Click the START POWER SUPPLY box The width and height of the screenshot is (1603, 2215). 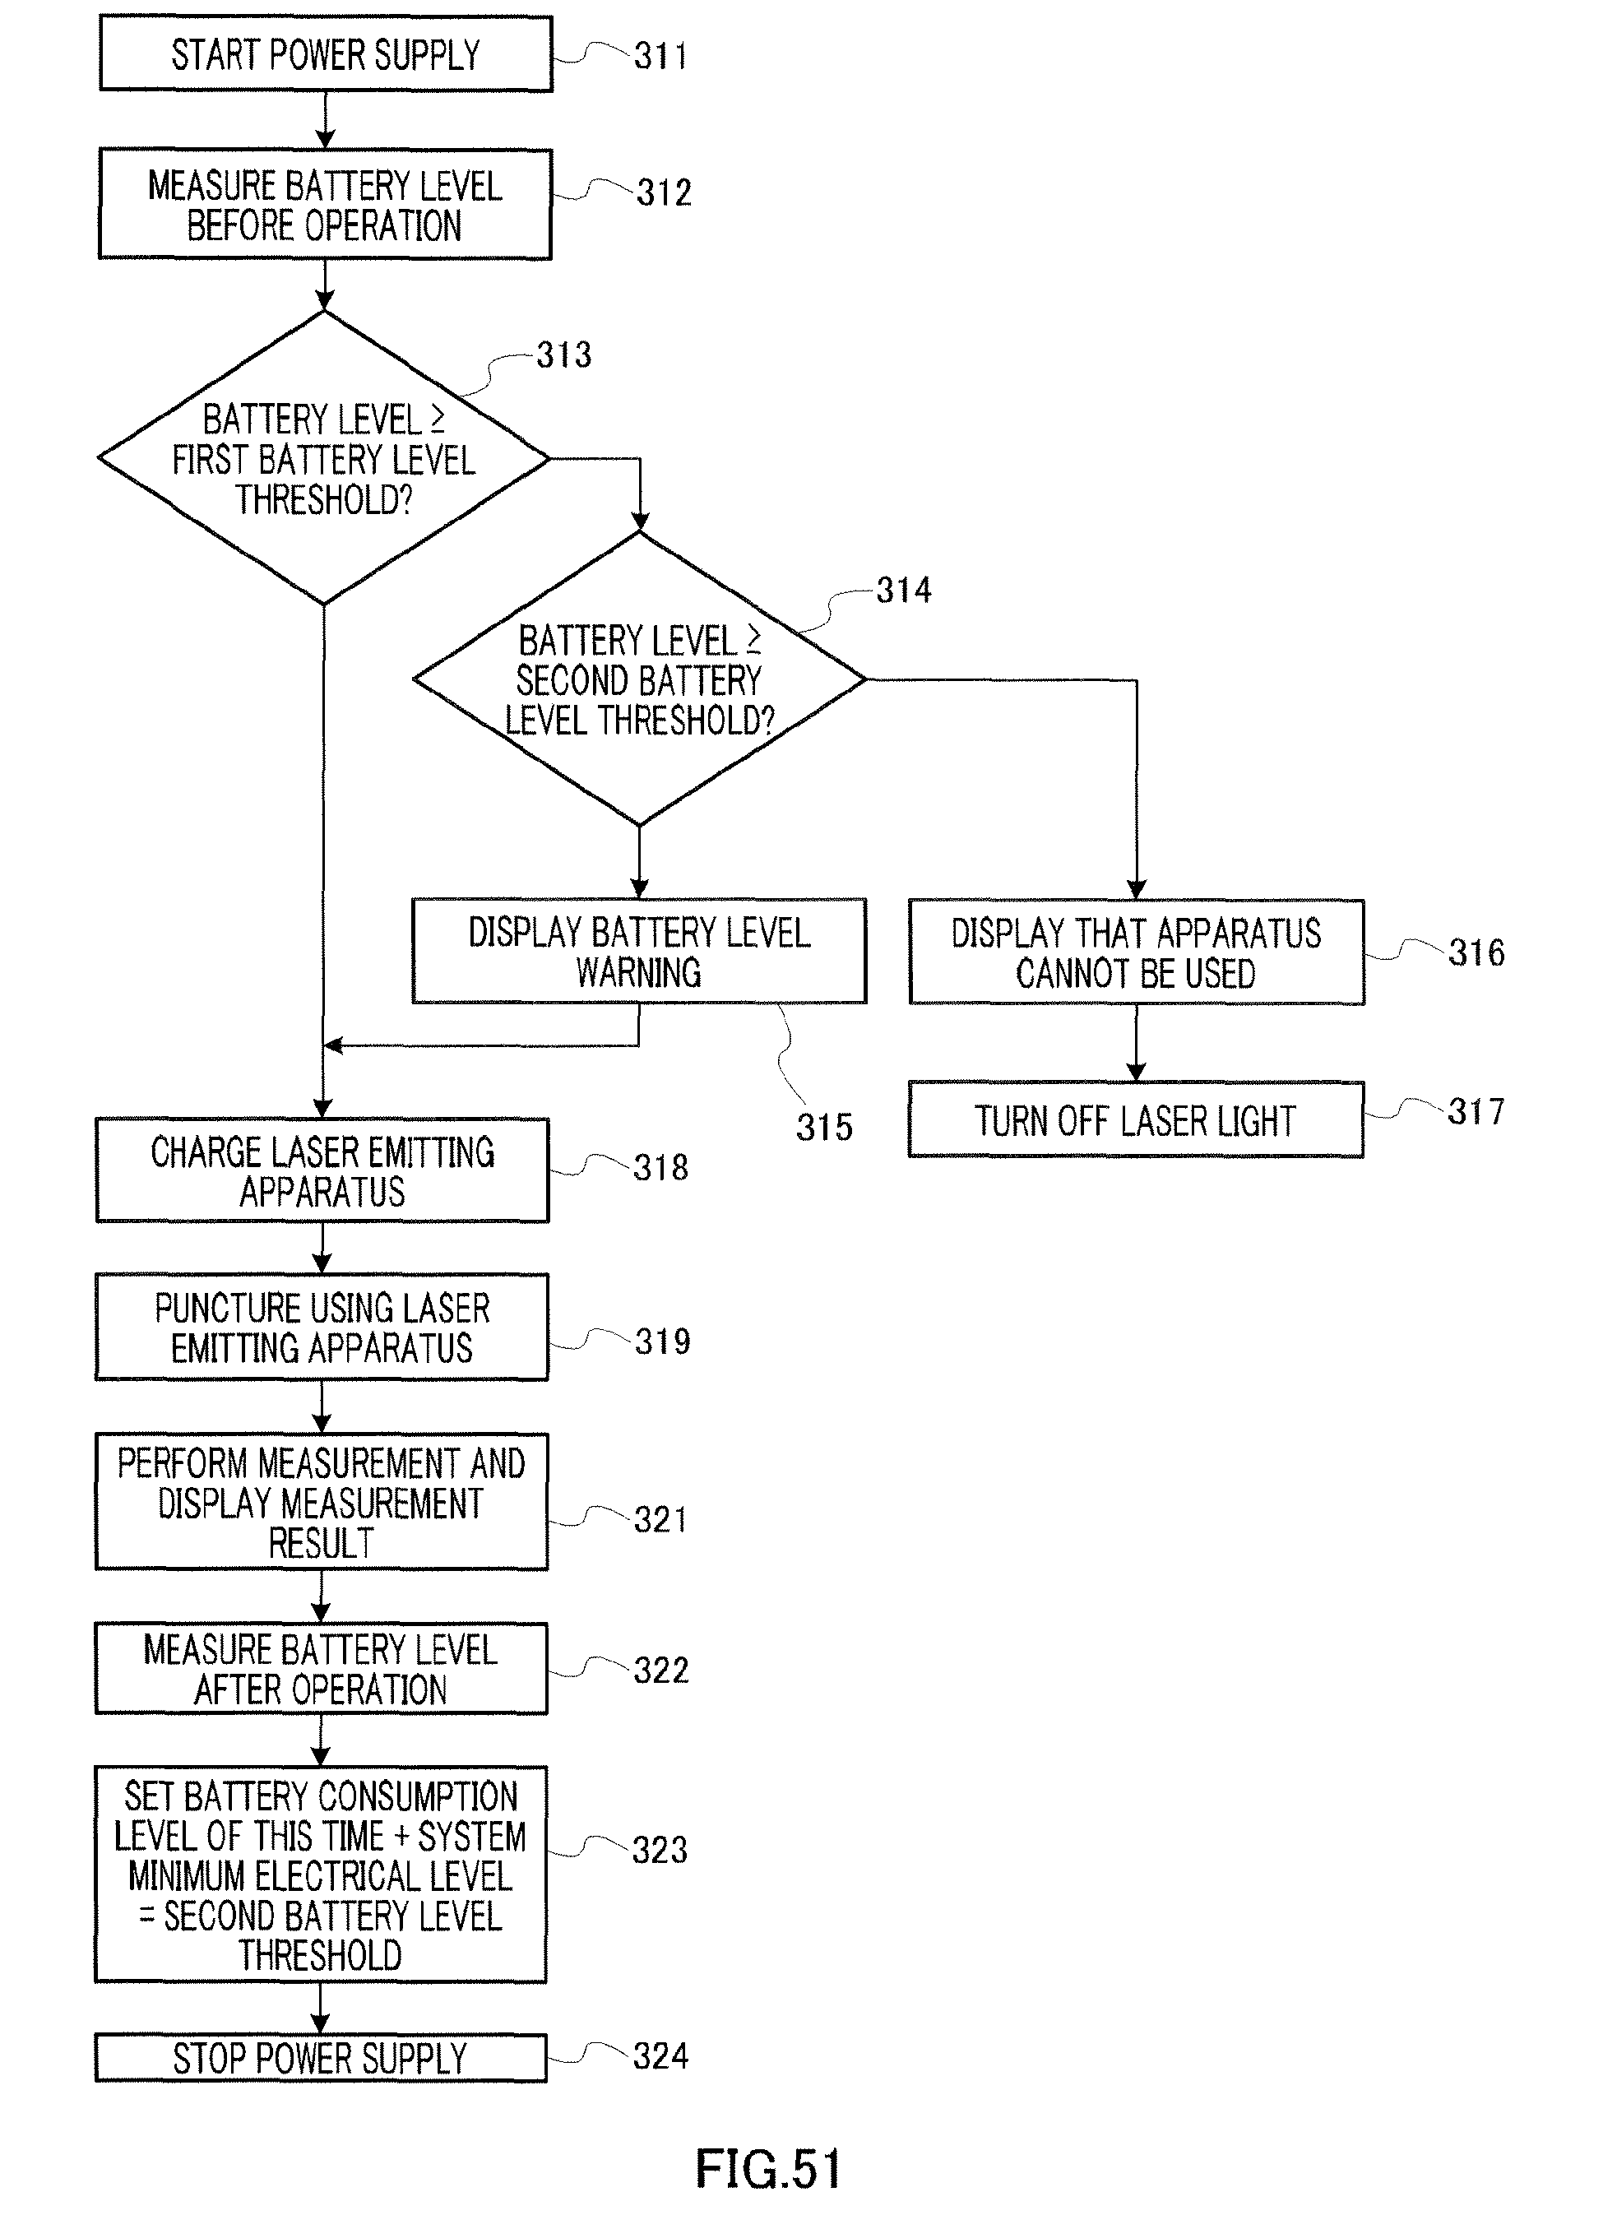tap(326, 54)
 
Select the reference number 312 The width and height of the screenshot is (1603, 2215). tap(665, 192)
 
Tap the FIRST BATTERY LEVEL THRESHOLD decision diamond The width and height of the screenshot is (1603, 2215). tap(323, 458)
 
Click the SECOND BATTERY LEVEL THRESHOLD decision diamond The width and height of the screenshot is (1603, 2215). tap(639, 679)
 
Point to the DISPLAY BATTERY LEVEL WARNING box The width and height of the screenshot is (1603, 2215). tap(639, 952)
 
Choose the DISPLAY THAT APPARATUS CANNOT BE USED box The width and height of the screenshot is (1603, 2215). tap(1136, 952)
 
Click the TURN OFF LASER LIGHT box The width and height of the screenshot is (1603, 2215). tap(1136, 1120)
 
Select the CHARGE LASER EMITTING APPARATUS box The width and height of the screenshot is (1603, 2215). tap(322, 1171)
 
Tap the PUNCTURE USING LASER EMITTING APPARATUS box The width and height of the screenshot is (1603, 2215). tap(322, 1328)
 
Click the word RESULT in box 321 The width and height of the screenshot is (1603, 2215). tap(322, 1543)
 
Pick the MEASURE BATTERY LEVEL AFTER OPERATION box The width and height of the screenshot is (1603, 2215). tap(322, 1669)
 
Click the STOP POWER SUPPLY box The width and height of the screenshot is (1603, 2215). tap(322, 2058)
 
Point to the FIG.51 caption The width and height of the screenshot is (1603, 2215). tap(768, 2169)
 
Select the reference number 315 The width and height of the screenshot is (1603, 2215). tap(823, 1127)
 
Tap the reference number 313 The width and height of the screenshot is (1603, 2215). tap(563, 354)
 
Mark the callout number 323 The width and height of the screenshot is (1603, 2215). tap(660, 1850)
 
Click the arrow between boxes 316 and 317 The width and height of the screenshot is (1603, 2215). tap(1136, 1043)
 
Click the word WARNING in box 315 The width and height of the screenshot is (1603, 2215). tap(639, 973)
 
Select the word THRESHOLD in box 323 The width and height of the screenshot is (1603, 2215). tap(321, 1956)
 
